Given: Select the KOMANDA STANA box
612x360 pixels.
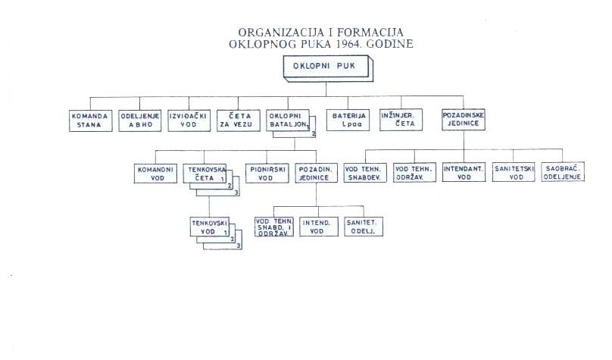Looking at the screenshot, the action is [91, 121].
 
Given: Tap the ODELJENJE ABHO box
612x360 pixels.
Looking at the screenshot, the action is [139, 121].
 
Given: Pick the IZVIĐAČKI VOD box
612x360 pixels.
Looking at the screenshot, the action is [189, 121].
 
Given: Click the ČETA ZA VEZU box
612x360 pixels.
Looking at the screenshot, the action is [239, 121].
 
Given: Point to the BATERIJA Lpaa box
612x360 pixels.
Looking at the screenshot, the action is [348, 120].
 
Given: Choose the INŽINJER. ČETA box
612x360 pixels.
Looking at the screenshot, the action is [401, 120].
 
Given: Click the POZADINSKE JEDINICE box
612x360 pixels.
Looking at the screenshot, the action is [464, 120].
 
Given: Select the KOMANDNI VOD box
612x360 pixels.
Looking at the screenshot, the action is [155, 174].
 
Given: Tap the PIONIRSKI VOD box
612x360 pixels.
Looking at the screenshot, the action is [267, 173].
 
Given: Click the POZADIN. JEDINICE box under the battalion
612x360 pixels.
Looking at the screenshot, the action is [316, 173].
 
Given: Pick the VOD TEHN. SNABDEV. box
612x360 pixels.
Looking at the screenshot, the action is [365, 173].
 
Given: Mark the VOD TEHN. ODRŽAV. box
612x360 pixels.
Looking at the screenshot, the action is [414, 173].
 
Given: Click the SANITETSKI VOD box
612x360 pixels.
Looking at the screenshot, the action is [514, 172].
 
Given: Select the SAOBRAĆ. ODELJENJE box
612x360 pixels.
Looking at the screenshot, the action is [563, 172].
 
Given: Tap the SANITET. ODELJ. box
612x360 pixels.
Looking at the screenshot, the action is [364, 227].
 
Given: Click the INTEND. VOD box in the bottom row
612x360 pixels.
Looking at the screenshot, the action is [318, 227].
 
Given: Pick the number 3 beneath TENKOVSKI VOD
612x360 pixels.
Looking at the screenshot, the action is [239, 246].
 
